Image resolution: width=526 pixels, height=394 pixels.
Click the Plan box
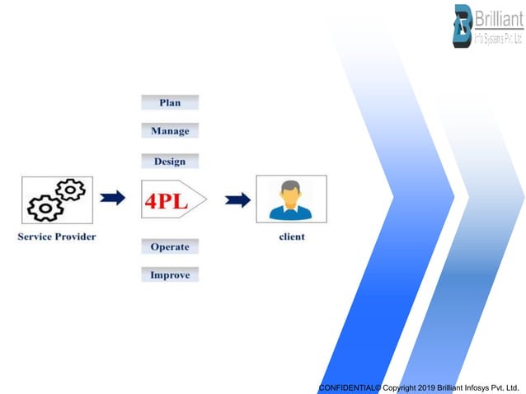pos(170,102)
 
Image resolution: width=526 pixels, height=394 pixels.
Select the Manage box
pos(170,130)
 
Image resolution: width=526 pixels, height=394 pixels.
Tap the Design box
pos(169,161)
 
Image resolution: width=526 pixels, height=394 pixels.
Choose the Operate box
pos(170,246)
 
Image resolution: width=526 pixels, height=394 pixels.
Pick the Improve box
pos(170,274)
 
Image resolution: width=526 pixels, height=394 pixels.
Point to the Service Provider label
pos(56,237)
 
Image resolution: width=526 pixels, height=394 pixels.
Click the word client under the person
pos(290,237)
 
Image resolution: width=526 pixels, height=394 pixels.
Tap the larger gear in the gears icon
pos(44,208)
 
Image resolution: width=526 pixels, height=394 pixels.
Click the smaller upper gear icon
pos(71,190)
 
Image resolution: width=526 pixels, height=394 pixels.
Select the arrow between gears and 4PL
pos(113,198)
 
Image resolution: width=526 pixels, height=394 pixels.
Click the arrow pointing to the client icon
pos(238,199)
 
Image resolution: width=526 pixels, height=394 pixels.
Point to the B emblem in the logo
pos(463,26)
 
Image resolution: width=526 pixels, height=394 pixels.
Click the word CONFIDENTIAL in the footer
pos(346,387)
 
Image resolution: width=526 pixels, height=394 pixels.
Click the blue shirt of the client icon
pos(290,213)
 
